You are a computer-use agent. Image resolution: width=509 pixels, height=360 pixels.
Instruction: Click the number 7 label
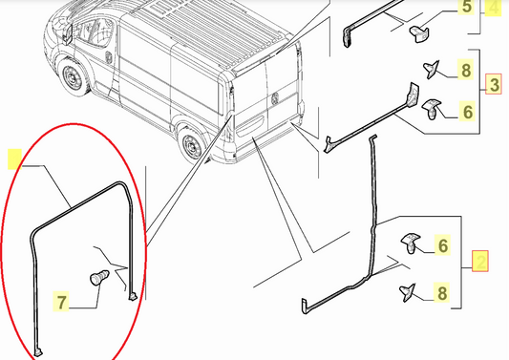(x=61, y=304)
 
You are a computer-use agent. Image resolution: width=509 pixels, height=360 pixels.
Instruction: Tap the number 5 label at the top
(x=467, y=9)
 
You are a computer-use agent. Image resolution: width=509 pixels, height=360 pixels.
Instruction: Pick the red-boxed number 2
(x=481, y=260)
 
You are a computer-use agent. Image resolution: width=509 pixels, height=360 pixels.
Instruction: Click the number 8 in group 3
(x=466, y=70)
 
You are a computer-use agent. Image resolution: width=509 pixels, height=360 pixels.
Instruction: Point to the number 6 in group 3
(x=467, y=112)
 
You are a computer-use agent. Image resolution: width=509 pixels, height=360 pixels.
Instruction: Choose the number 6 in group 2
(x=442, y=246)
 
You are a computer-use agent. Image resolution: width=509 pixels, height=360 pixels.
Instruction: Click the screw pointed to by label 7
(x=95, y=279)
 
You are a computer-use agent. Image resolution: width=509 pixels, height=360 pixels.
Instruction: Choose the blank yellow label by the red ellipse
(x=14, y=158)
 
